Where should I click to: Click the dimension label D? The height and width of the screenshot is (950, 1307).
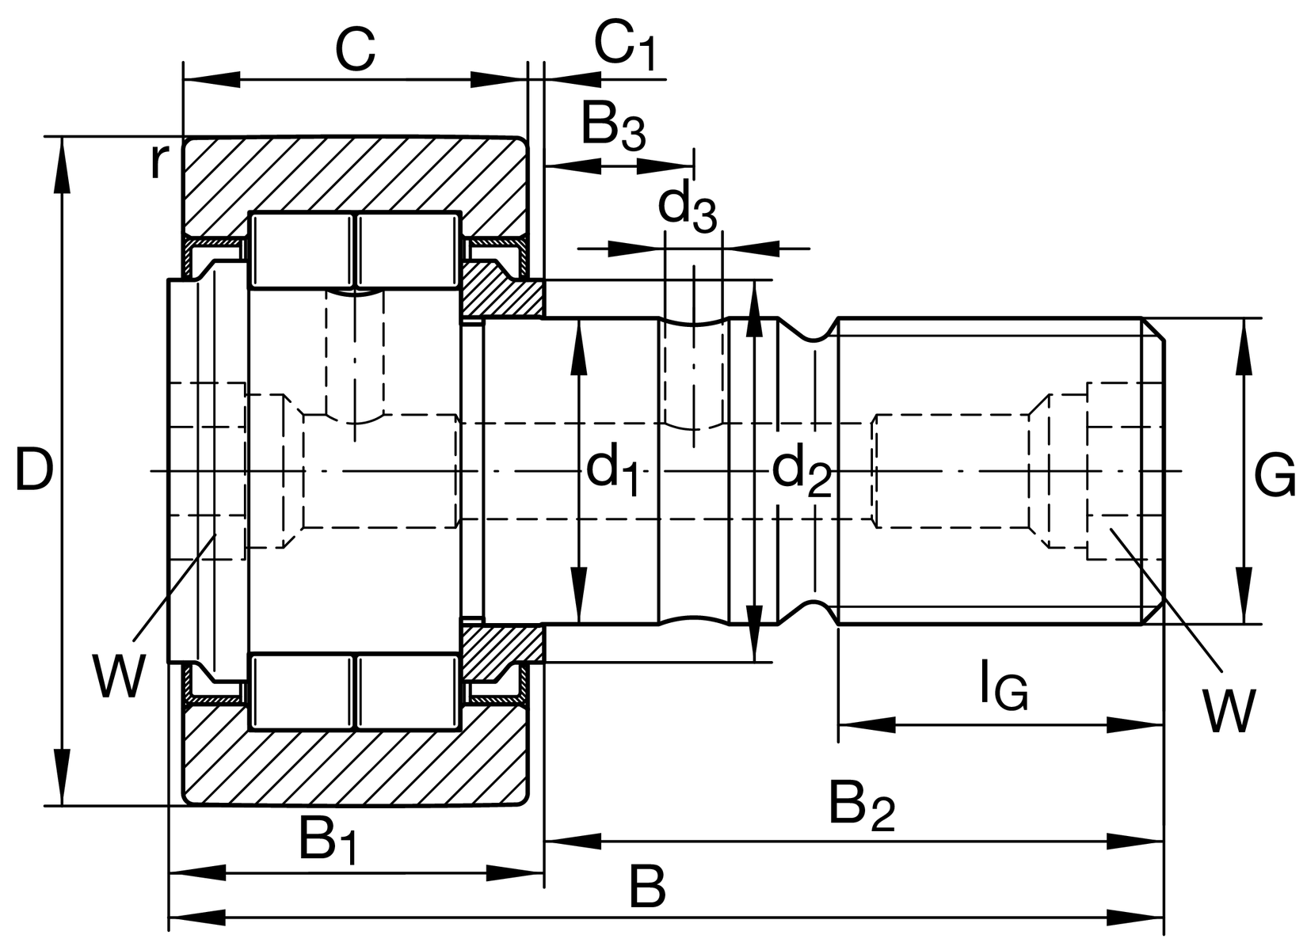coord(34,470)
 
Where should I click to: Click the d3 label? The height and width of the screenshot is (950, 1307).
coord(687,208)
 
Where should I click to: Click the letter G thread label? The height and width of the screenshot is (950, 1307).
coord(1275,477)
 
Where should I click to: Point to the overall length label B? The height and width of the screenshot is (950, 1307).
coord(646,888)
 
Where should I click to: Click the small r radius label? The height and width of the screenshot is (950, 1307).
coord(160,162)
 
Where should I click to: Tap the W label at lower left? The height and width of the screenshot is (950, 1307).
coord(119,675)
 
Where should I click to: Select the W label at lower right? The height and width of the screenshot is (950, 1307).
coord(1229,710)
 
